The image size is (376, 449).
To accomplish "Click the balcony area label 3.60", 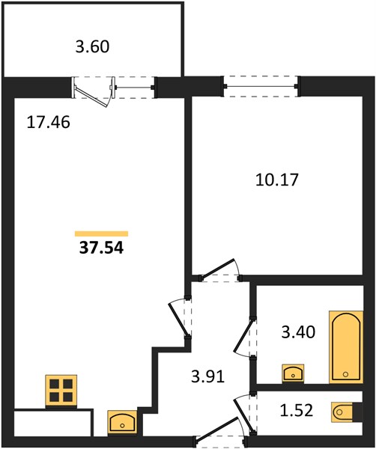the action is (92, 46).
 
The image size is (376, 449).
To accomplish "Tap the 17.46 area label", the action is (48, 122).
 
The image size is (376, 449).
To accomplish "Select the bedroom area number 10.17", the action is (277, 180).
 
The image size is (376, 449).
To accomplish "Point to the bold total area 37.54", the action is (101, 248).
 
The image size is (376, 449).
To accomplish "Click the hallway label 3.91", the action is (207, 376).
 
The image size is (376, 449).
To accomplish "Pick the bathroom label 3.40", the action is (298, 332).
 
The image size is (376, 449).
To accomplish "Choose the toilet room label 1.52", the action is (296, 410).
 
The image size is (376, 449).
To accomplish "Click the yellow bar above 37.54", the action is (101, 233).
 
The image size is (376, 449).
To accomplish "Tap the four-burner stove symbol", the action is (61, 390).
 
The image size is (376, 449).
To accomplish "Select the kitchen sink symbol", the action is (122, 422).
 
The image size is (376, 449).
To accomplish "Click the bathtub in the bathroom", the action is (346, 346).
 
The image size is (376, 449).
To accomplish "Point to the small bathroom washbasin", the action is (293, 373).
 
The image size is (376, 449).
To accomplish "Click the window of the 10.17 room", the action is (261, 86).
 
